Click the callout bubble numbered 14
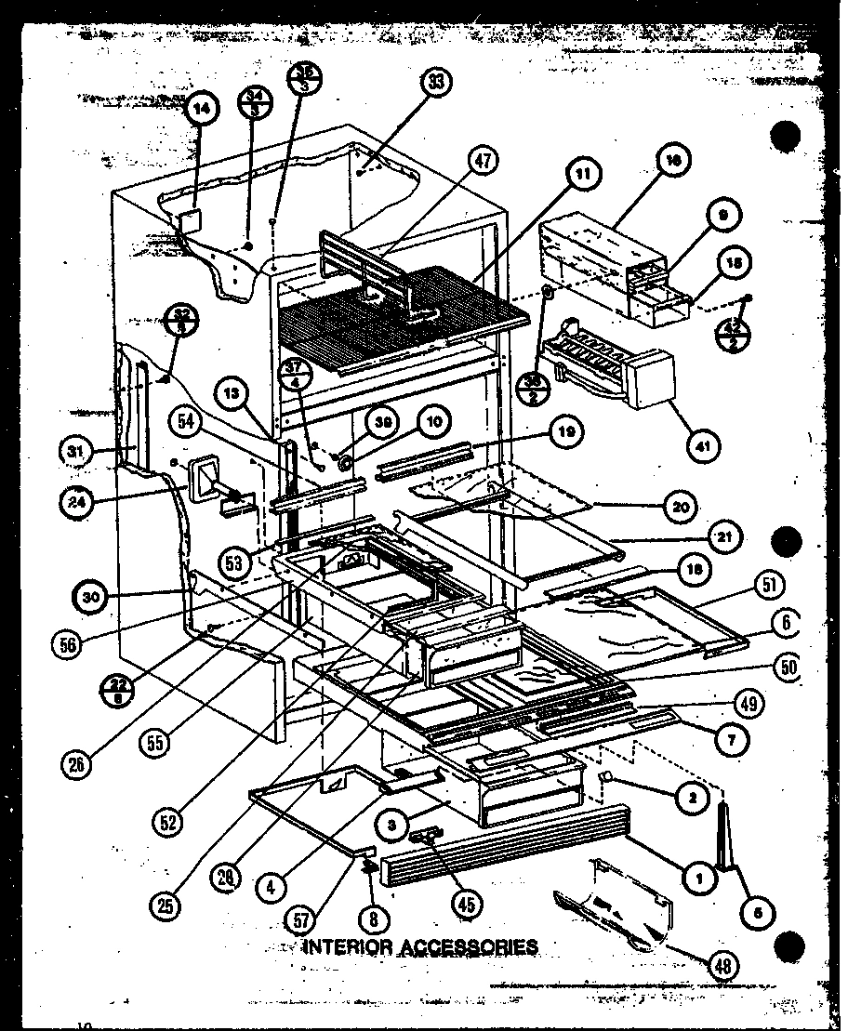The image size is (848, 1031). point(202,108)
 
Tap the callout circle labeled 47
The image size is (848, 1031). point(484,160)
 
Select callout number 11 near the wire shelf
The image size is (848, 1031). point(584,173)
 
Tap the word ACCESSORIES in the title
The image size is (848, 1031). point(471,946)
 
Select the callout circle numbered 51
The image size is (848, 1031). point(771,585)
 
